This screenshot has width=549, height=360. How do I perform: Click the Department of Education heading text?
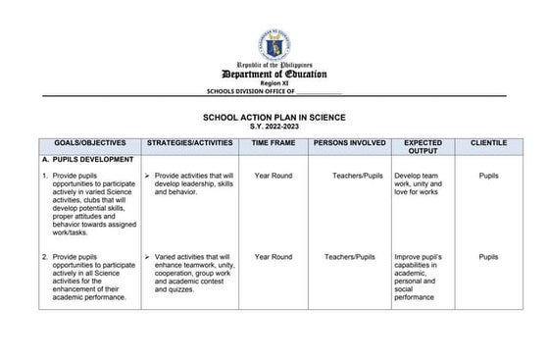(x=274, y=75)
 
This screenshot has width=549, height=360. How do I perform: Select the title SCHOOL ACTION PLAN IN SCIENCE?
(x=274, y=115)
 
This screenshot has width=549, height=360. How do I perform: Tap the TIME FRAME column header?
(x=274, y=143)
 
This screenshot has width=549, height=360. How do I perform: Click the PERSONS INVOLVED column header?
(x=348, y=143)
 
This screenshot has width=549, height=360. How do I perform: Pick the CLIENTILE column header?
(x=488, y=143)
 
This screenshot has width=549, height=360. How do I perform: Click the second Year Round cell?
(x=274, y=257)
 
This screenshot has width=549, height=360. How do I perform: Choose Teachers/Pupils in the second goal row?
(x=350, y=257)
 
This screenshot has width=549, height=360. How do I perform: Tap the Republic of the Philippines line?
(x=274, y=66)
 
